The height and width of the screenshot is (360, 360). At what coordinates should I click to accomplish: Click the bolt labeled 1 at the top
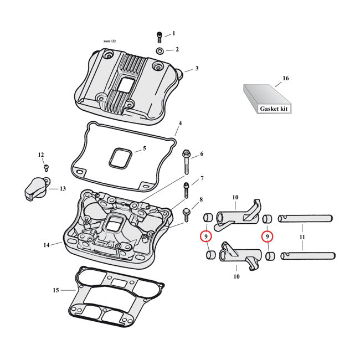tap(159, 37)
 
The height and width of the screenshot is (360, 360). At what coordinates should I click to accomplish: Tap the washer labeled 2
tap(159, 51)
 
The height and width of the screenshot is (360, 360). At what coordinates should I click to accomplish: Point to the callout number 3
tap(196, 69)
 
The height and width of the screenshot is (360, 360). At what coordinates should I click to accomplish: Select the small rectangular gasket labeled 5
tap(120, 157)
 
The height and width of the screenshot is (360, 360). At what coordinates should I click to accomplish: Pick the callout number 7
tap(202, 178)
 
